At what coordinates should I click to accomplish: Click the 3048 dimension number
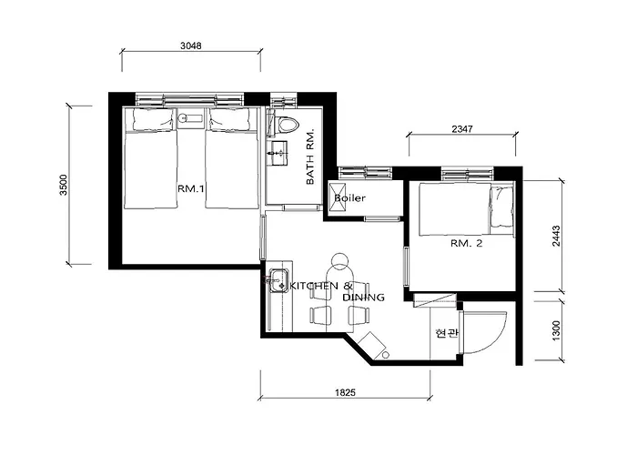click(x=191, y=45)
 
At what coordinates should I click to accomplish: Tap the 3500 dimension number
click(x=64, y=185)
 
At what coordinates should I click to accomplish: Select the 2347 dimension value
click(x=462, y=129)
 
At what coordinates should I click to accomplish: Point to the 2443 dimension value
click(x=556, y=236)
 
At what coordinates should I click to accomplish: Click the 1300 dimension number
click(x=556, y=330)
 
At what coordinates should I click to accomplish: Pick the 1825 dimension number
click(x=345, y=392)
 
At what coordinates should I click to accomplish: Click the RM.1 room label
click(x=191, y=188)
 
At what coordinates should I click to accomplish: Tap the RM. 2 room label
click(x=466, y=243)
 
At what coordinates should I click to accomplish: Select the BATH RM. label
click(x=310, y=157)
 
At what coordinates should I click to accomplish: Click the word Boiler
click(x=349, y=198)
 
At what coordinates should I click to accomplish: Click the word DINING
click(x=364, y=298)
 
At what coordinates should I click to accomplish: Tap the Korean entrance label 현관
click(x=447, y=334)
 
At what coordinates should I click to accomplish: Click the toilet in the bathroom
click(x=287, y=126)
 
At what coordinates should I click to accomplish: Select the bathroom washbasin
click(x=278, y=153)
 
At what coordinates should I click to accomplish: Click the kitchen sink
click(x=278, y=280)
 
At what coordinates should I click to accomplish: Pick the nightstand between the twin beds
click(x=191, y=118)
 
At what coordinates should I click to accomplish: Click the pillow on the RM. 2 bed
click(x=500, y=208)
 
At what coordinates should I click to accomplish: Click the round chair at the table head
click(x=339, y=260)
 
